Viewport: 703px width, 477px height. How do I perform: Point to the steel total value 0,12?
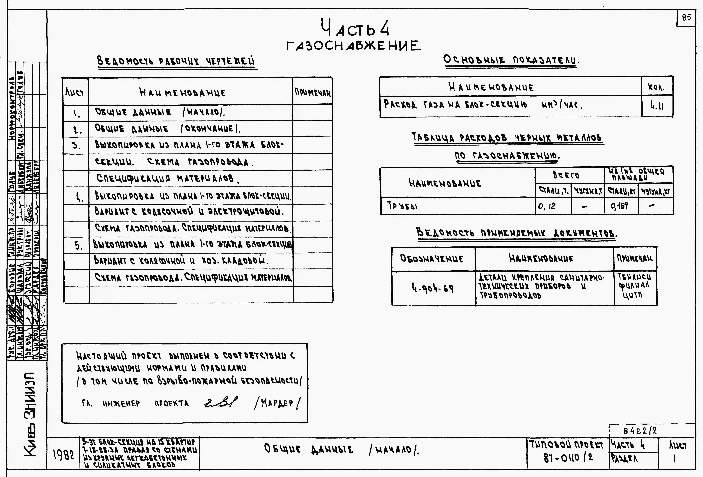[x=547, y=206]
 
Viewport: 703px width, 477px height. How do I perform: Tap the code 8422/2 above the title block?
[x=640, y=430]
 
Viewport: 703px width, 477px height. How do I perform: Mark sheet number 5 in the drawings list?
[x=78, y=246]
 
